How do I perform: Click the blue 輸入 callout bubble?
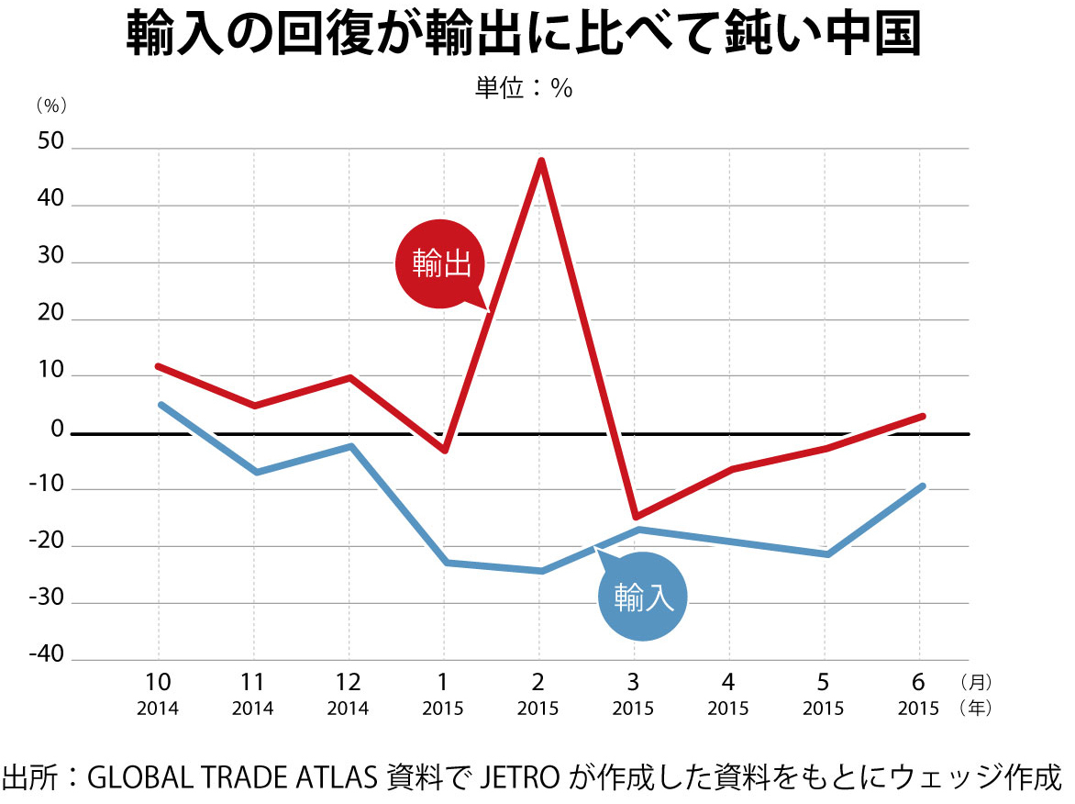(x=643, y=597)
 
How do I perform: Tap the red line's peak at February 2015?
(x=542, y=162)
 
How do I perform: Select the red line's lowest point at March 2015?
(x=635, y=517)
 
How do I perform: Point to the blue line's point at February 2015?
(x=541, y=571)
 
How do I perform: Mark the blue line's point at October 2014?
(x=160, y=404)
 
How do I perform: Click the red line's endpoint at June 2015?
(x=922, y=416)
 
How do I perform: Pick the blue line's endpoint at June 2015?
(x=922, y=486)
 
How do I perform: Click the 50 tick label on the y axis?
(x=50, y=144)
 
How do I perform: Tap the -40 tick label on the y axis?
(x=46, y=655)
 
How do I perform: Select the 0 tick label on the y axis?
(x=57, y=429)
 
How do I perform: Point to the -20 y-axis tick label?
(x=46, y=542)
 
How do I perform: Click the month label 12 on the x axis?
(x=348, y=682)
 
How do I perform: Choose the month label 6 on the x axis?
(x=919, y=682)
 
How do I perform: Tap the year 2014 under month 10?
(x=158, y=709)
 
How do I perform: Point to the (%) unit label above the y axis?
(x=51, y=106)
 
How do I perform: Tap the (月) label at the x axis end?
(x=974, y=683)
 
